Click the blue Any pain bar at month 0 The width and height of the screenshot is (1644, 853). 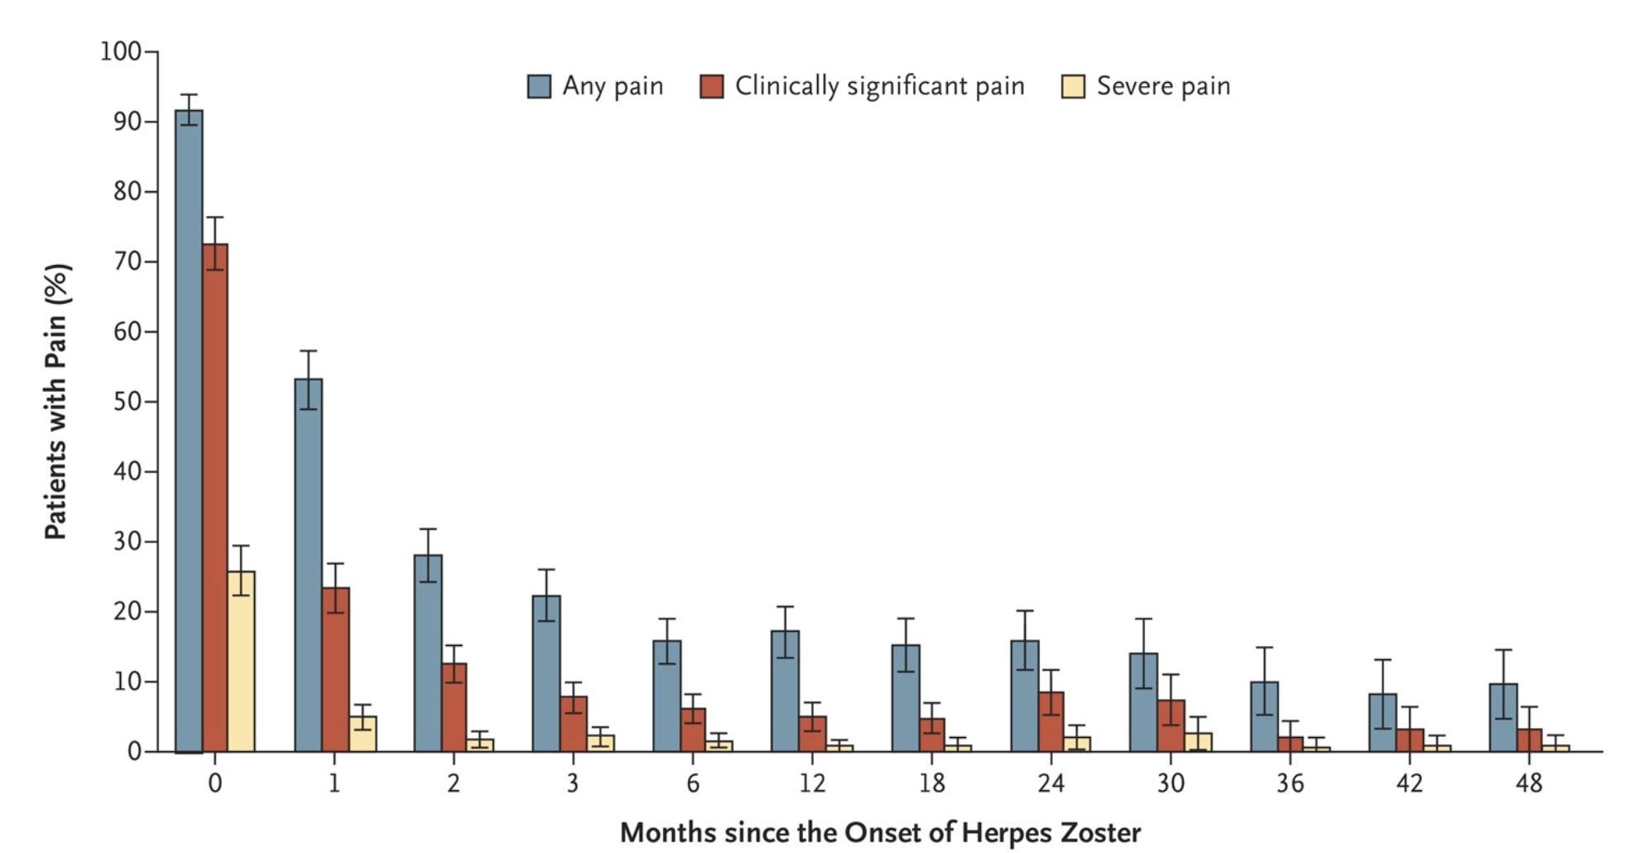[x=189, y=431]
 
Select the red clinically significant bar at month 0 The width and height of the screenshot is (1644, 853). [x=215, y=497]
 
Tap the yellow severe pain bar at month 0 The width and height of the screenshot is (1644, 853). [x=241, y=663]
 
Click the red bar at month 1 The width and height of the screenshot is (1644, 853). [x=335, y=671]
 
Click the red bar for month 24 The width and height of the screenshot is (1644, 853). [x=1051, y=722]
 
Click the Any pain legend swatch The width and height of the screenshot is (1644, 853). [x=539, y=86]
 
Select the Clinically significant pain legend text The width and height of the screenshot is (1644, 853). [x=879, y=86]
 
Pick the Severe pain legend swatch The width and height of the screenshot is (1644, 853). [x=1073, y=86]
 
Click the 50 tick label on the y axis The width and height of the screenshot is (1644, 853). [x=127, y=402]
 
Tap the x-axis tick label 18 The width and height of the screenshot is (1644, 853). [x=931, y=783]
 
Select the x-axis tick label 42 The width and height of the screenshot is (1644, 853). [x=1409, y=783]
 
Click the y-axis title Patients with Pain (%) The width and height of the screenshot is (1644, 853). [x=56, y=402]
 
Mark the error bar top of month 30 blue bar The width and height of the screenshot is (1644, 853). [x=1144, y=619]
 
